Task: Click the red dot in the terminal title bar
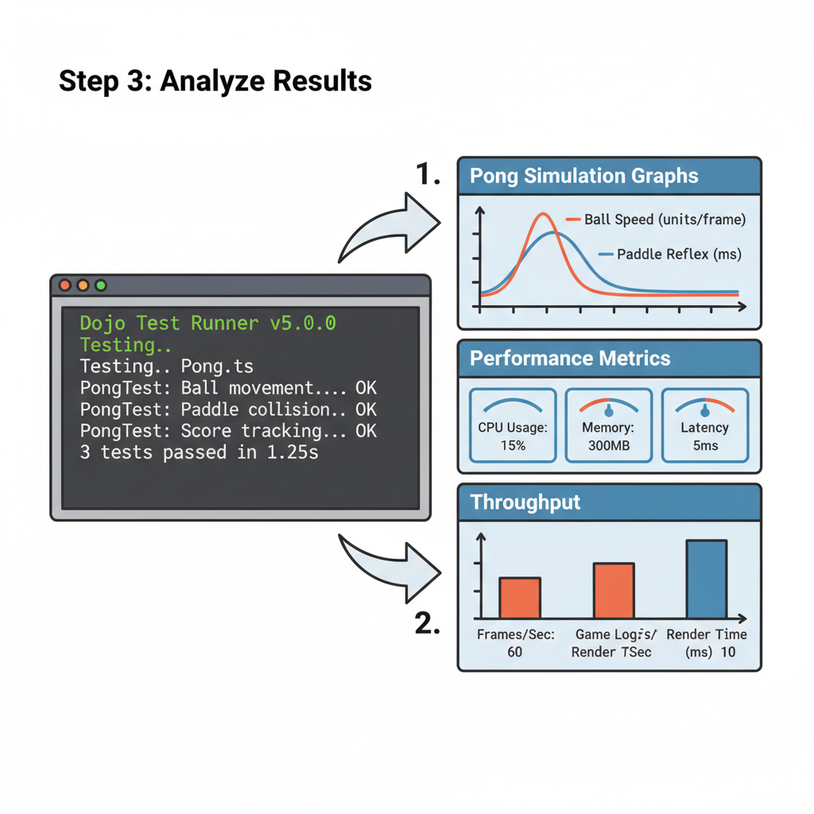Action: click(64, 285)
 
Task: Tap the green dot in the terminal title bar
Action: click(100, 285)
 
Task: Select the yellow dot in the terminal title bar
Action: click(83, 285)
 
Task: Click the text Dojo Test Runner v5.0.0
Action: click(207, 324)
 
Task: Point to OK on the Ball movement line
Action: click(366, 389)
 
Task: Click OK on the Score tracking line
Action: click(366, 432)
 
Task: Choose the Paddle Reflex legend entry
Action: click(669, 254)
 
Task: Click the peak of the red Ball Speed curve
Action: click(543, 214)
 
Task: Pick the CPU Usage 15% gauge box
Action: click(513, 425)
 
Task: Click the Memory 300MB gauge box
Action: click(608, 425)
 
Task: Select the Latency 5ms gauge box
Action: click(704, 425)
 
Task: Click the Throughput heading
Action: click(525, 502)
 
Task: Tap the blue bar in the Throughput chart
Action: click(706, 579)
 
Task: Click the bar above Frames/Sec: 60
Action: click(520, 598)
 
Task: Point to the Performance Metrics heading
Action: click(571, 358)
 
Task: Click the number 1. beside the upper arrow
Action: click(428, 173)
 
